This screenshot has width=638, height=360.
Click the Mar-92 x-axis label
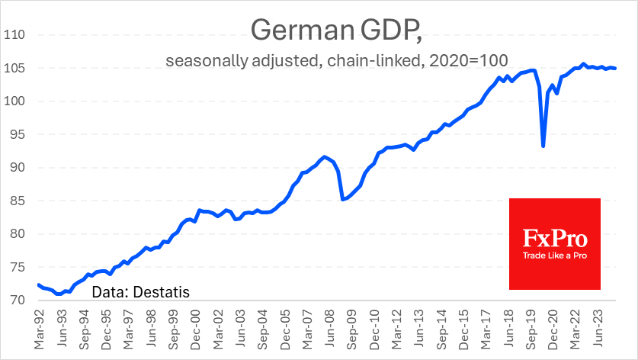pyautogui.click(x=39, y=329)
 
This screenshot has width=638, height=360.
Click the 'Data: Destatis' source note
pyautogui.click(x=140, y=291)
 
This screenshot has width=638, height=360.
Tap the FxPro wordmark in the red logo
pyautogui.click(x=554, y=236)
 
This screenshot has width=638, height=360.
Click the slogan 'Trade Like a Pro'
pyautogui.click(x=555, y=256)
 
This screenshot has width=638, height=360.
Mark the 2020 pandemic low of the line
pyautogui.click(x=543, y=146)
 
